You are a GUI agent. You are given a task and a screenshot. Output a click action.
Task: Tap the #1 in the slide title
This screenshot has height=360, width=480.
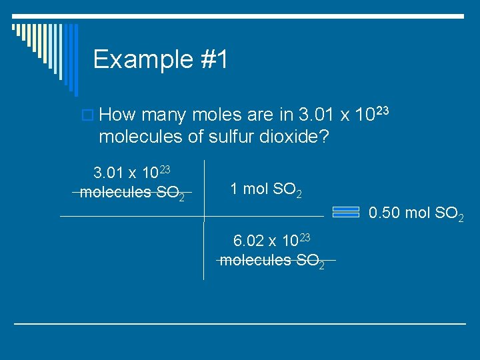(x=213, y=59)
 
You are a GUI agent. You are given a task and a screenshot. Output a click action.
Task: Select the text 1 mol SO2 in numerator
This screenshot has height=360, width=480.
(x=265, y=190)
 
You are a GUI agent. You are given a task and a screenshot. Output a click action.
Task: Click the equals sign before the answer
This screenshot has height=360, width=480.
(x=346, y=212)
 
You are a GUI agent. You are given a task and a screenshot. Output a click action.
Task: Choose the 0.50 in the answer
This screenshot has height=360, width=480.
(x=383, y=213)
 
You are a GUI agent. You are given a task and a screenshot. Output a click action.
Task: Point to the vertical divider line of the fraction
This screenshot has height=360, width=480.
(x=204, y=220)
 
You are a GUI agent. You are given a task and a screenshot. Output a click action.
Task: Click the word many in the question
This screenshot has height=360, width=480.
(x=164, y=116)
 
